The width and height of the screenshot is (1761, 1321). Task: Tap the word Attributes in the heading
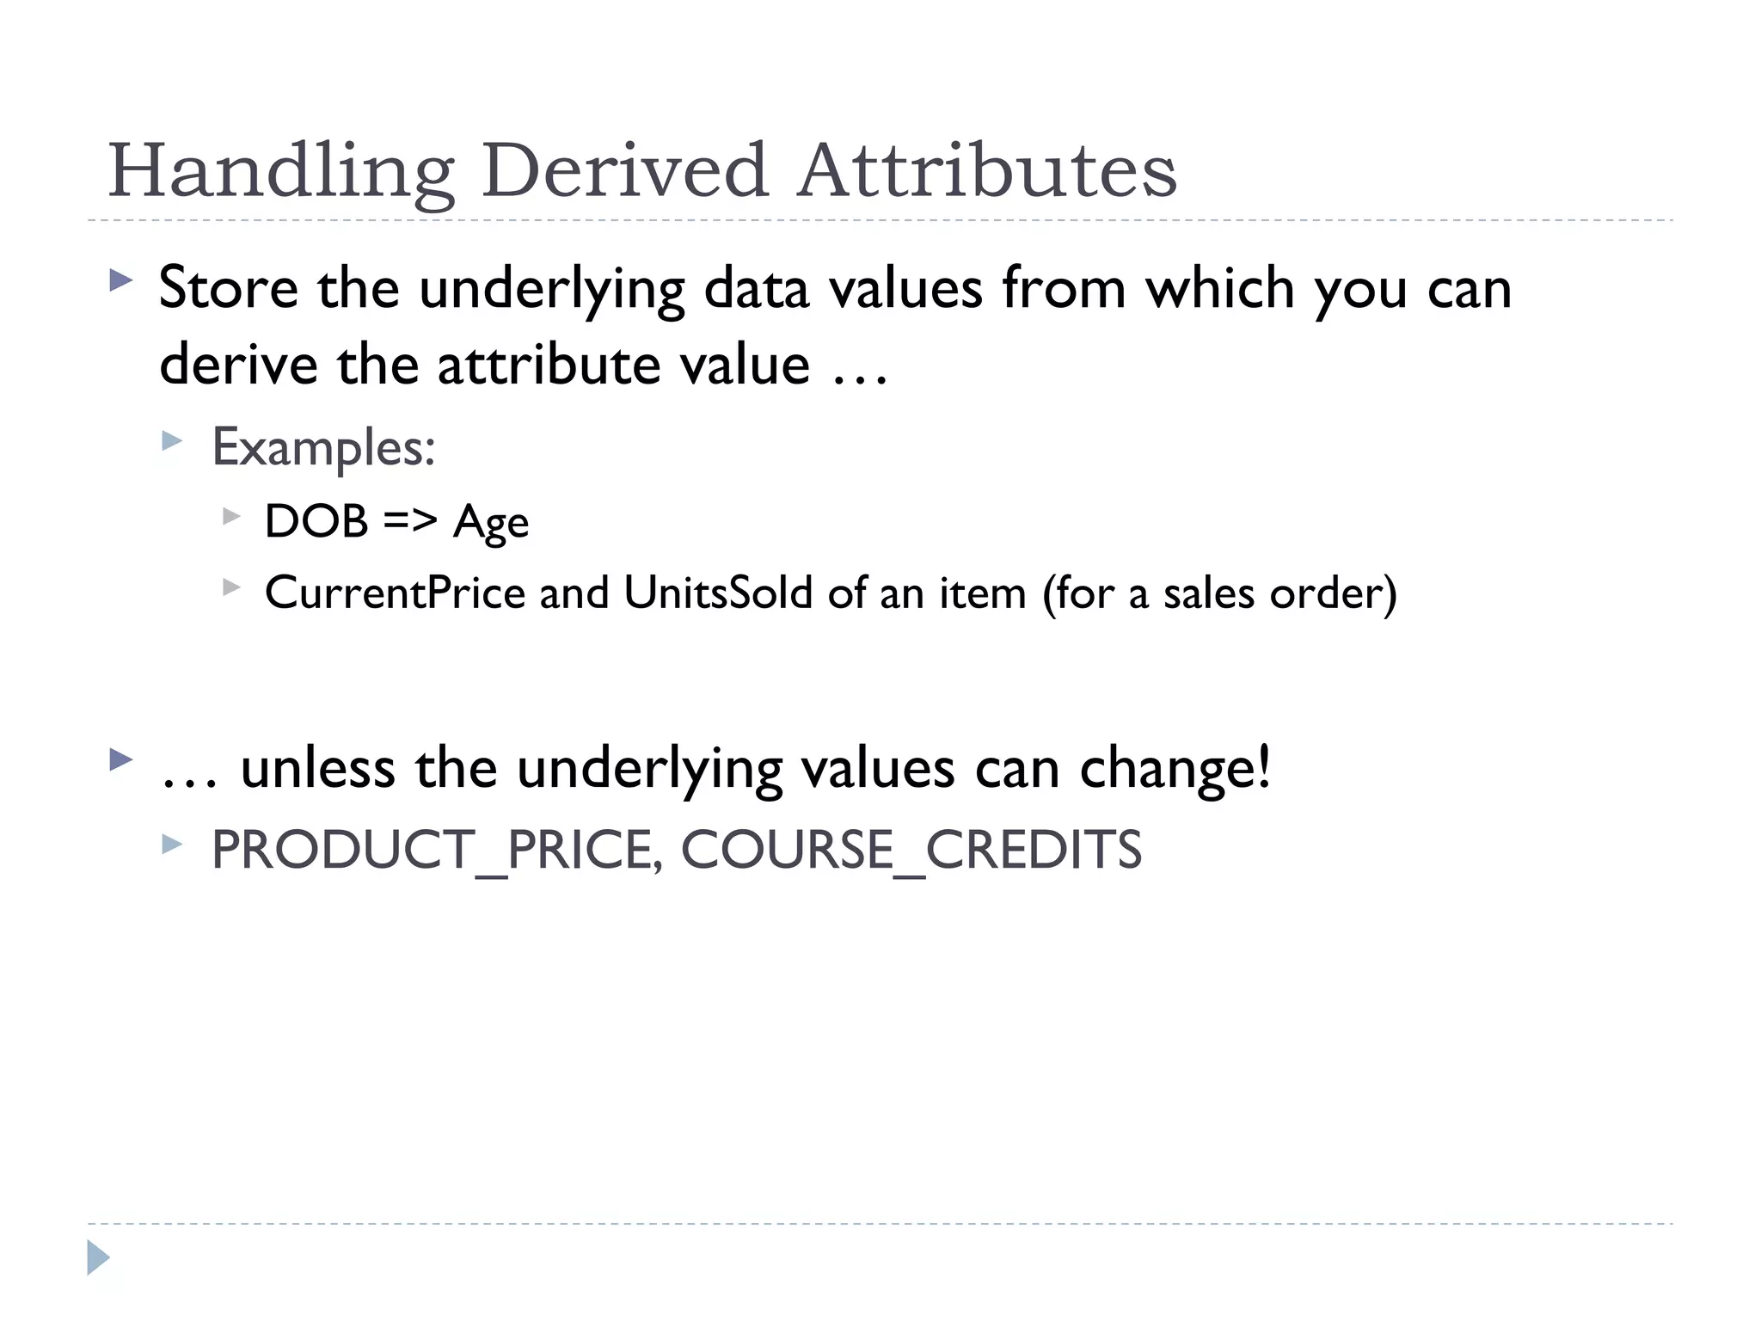tap(986, 170)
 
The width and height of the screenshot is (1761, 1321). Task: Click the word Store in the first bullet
tap(229, 288)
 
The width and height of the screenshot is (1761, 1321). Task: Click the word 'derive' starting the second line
tap(238, 365)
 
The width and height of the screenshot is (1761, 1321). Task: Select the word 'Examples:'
tap(323, 447)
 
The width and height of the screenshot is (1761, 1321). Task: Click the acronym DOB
tap(316, 521)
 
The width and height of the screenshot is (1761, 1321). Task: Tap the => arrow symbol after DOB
tap(410, 521)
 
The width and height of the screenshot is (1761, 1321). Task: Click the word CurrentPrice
tap(395, 593)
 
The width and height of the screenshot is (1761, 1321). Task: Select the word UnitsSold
tap(718, 593)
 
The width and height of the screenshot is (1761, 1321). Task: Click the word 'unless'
tap(317, 768)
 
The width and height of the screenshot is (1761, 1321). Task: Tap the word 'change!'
tap(1175, 768)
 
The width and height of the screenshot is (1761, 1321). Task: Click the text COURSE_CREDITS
tap(911, 850)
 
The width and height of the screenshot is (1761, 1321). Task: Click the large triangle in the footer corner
tap(98, 1257)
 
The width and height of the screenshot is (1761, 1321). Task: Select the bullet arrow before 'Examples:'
tap(172, 442)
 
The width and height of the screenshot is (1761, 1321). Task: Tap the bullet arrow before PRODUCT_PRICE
tap(172, 845)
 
